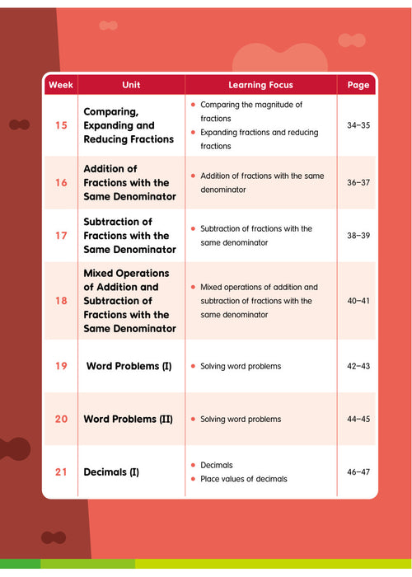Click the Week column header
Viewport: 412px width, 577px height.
coord(61,85)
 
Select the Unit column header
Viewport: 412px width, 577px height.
coord(131,85)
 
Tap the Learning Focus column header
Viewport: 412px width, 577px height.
coord(260,85)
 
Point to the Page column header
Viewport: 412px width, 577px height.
coord(358,85)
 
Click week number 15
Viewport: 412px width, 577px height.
coord(61,126)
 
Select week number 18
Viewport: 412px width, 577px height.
coord(61,301)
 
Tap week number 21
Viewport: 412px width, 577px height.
coord(61,472)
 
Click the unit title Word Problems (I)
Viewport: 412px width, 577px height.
coord(129,365)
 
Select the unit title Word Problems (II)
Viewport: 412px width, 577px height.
coord(129,419)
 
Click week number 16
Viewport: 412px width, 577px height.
coord(61,182)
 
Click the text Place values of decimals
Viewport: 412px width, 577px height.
coord(244,479)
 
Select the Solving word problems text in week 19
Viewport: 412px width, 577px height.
coord(241,365)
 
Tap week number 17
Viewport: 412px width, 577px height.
coord(61,236)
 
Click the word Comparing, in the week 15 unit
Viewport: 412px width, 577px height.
coord(111,112)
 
